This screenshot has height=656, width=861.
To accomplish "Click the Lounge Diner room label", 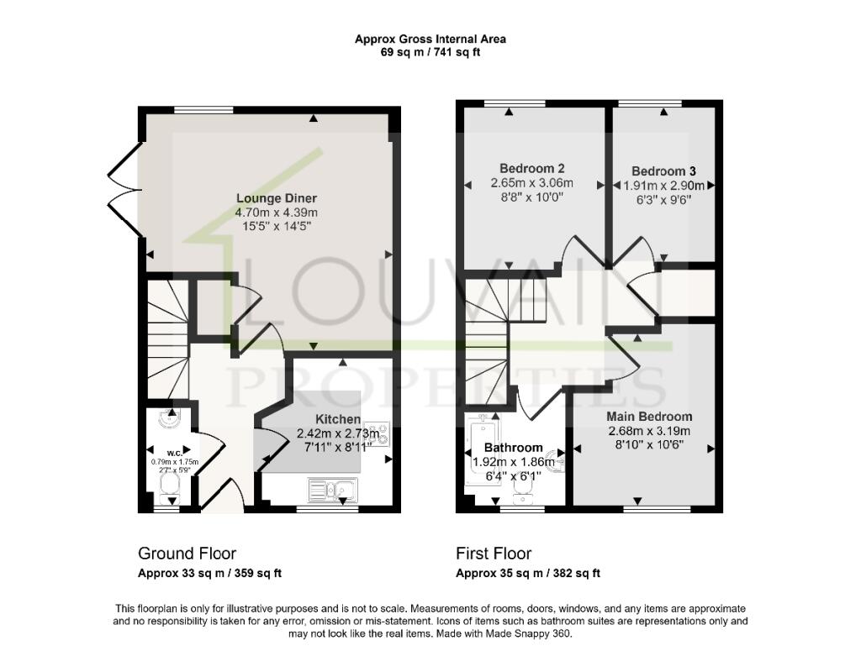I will (276, 198).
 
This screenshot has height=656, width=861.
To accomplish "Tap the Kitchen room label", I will (338, 419).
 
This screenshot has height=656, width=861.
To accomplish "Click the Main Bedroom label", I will (649, 417).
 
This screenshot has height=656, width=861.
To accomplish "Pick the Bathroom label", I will (513, 448).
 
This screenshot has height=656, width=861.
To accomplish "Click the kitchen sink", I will (333, 488).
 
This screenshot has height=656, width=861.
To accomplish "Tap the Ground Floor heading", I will (187, 554).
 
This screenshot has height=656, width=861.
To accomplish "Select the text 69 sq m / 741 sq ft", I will (430, 52).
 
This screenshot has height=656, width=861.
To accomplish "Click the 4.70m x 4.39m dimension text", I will (276, 213).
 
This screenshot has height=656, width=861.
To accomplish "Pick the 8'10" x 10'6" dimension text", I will (649, 445).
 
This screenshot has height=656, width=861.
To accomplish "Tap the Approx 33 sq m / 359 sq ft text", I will (209, 574).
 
